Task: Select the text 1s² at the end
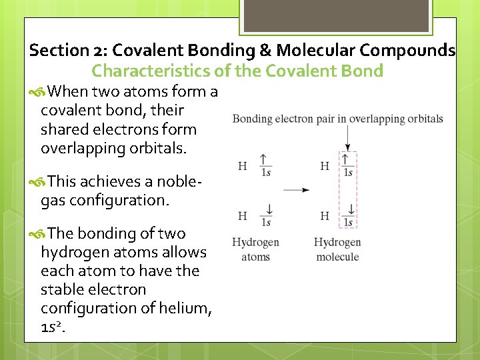click(x=54, y=327)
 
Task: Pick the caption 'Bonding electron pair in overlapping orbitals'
click(x=337, y=119)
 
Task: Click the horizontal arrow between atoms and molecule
click(x=296, y=190)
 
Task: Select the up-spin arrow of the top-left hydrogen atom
click(x=265, y=160)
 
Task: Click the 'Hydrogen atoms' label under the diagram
click(x=255, y=249)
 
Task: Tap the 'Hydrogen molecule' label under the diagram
click(x=337, y=249)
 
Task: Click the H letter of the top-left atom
click(x=243, y=165)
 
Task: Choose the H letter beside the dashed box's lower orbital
click(x=325, y=216)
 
